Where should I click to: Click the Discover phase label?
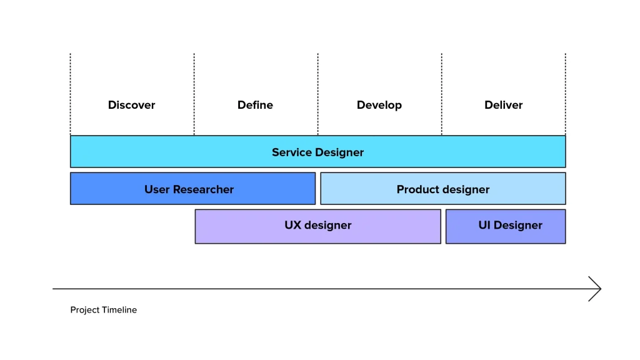coord(131,105)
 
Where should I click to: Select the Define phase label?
coord(255,105)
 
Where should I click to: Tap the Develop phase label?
coord(379,105)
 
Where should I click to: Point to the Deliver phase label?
coord(503,105)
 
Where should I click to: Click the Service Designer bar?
coord(317,152)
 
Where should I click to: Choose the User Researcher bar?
coord(192,189)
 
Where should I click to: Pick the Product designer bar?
coord(442,189)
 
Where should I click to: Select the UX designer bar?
coord(317,226)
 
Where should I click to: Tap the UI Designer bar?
coord(505,226)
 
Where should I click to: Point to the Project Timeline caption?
coord(103,310)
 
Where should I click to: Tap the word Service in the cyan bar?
coord(292,152)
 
